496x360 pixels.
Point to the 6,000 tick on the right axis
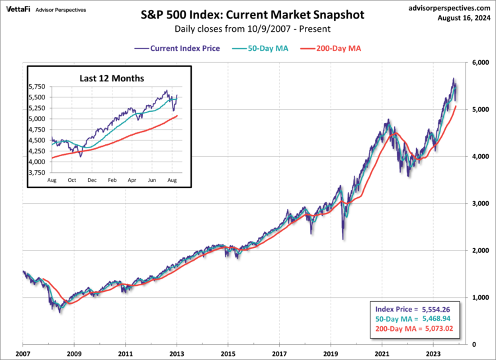(x=479, y=62)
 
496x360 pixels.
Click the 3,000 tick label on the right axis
(x=479, y=203)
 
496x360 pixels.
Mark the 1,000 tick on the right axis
(x=479, y=298)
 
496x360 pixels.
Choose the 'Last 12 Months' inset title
(x=108, y=77)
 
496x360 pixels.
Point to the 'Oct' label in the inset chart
(x=72, y=179)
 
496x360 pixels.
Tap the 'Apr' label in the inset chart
(x=132, y=179)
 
